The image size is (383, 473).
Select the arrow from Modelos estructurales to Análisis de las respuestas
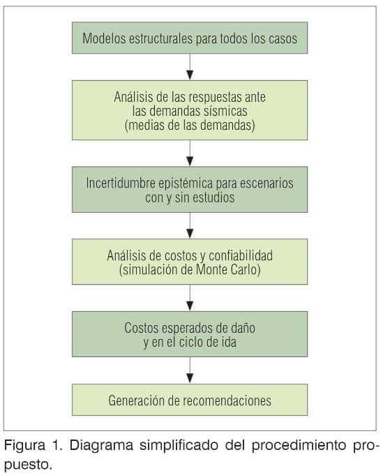(x=190, y=67)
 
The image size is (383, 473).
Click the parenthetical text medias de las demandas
(x=190, y=125)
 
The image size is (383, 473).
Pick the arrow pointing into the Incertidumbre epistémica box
(x=190, y=153)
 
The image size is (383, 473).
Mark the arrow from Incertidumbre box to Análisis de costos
(x=190, y=225)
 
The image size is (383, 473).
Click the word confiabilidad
(x=241, y=255)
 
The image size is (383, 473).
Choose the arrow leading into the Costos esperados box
(x=190, y=298)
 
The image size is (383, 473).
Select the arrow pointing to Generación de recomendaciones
(x=190, y=370)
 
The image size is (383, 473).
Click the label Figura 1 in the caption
(x=33, y=446)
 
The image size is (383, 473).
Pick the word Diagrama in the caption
(x=101, y=446)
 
